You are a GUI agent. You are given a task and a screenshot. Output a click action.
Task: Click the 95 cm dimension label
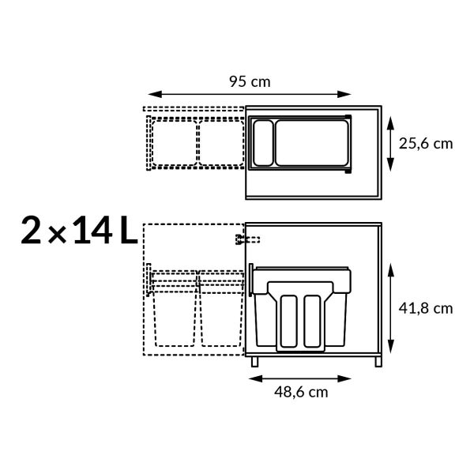point(250,81)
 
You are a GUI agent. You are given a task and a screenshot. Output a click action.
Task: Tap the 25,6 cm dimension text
point(426,144)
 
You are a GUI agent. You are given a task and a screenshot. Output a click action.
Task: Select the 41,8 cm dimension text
point(426,309)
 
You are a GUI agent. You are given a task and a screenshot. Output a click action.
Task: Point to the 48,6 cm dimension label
point(301,392)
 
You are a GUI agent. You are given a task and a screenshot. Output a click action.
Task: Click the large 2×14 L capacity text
point(79,230)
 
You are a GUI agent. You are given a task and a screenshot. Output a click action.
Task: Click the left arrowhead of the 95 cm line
point(155,94)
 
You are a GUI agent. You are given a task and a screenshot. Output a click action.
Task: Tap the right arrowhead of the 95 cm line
point(344,94)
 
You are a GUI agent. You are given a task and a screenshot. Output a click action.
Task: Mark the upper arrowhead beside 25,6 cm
point(390,123)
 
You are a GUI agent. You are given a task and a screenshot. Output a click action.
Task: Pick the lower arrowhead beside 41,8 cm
point(391,347)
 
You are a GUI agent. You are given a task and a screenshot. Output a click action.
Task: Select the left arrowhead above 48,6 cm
point(255,378)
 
